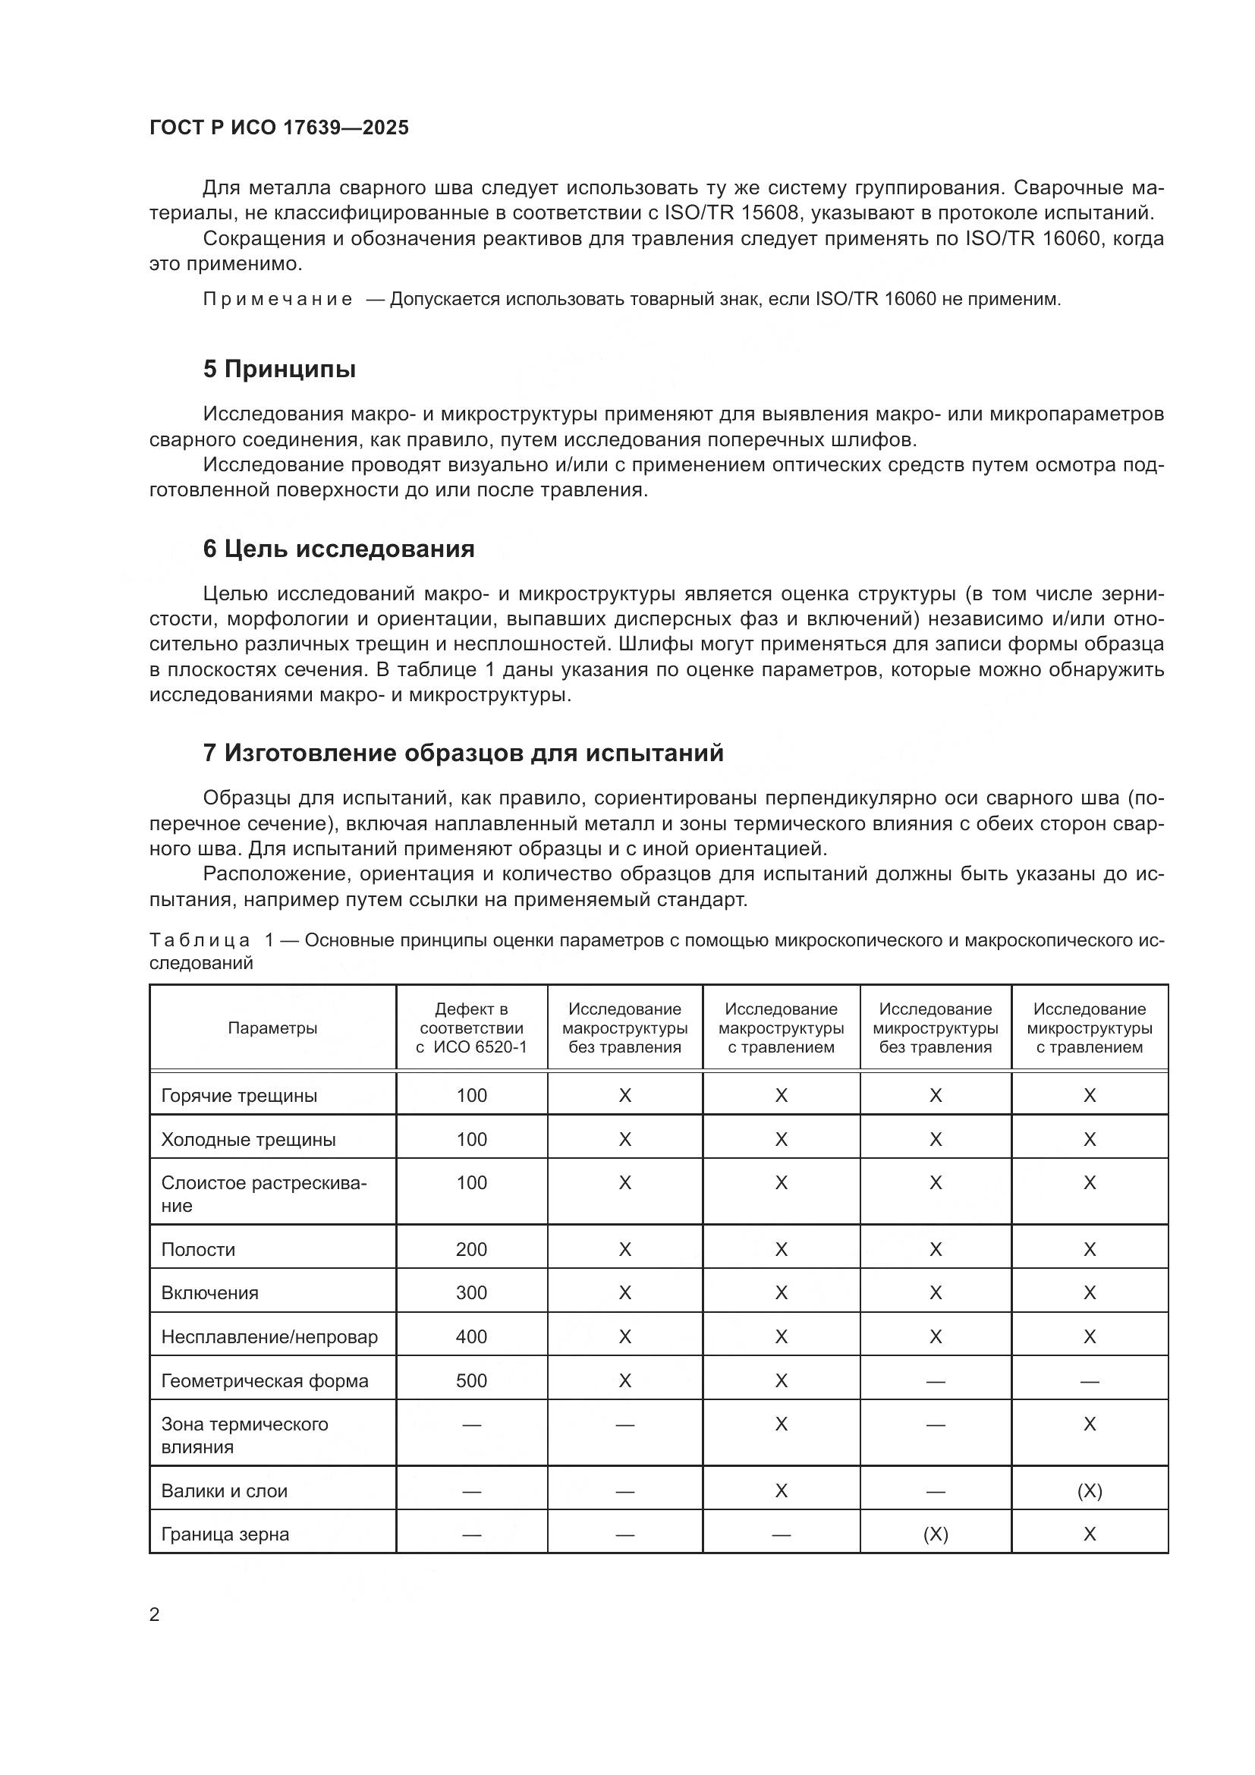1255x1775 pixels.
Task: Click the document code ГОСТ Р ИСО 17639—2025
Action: coord(279,128)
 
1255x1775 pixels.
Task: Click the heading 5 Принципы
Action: coord(279,370)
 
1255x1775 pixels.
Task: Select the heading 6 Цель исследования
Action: coord(338,549)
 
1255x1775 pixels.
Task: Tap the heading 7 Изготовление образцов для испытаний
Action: coord(463,753)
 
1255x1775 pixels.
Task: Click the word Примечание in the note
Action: coord(278,299)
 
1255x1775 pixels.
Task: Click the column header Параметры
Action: coord(272,1028)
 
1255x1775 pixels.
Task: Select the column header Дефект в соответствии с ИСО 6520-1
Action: coord(471,1028)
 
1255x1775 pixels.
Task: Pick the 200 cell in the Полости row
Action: coord(471,1250)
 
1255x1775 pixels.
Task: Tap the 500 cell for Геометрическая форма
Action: coord(471,1381)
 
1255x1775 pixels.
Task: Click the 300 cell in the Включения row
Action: coord(471,1293)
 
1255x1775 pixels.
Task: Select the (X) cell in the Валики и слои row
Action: coord(1090,1491)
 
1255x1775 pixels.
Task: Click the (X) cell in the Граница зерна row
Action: coord(935,1534)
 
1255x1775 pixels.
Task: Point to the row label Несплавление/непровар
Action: coord(269,1337)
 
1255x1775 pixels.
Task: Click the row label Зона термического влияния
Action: coord(244,1436)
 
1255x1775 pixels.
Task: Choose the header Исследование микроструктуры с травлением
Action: coord(1090,1028)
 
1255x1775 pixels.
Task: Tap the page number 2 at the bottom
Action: coord(155,1615)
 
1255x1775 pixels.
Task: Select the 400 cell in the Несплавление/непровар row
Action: coord(471,1337)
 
